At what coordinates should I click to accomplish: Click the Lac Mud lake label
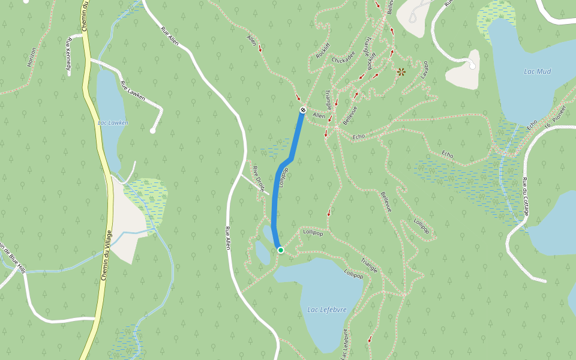point(537,71)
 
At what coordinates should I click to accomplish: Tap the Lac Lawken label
point(113,123)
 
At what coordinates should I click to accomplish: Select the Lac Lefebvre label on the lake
point(327,310)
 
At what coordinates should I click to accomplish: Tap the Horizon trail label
point(32,57)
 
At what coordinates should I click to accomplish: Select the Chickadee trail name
point(343,61)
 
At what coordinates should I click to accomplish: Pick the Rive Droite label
point(258,178)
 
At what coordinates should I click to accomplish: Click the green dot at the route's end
point(280,250)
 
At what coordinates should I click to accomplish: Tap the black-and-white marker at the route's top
point(303,110)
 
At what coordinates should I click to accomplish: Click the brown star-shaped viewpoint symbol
point(401,72)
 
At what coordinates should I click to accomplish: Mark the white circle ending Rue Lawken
point(153,130)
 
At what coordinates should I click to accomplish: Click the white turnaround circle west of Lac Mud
point(472,66)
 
